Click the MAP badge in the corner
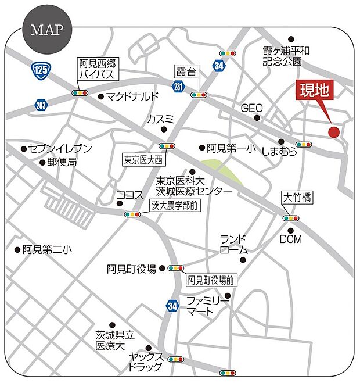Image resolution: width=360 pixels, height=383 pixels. [46, 30]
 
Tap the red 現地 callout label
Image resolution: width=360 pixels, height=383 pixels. [314, 91]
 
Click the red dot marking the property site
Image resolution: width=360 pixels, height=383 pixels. [333, 131]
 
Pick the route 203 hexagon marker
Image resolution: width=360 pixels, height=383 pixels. [40, 105]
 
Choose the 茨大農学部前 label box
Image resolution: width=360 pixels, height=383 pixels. [175, 205]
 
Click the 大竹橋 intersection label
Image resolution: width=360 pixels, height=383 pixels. [297, 198]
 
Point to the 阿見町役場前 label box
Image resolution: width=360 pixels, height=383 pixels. [211, 281]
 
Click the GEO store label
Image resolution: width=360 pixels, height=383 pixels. [252, 108]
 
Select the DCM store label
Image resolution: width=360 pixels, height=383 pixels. [290, 239]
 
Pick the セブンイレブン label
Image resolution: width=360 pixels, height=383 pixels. [53, 149]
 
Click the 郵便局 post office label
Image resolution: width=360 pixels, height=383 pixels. [62, 163]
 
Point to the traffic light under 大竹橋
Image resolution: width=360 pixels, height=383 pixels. [290, 218]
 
